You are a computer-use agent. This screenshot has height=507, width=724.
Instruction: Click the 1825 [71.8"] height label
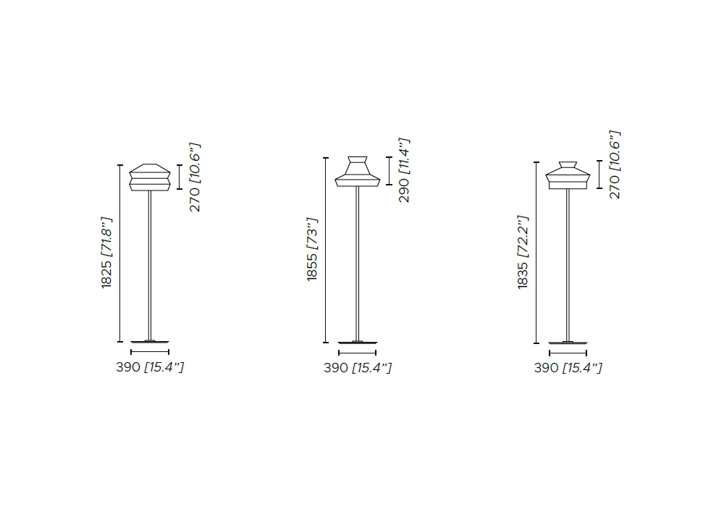coord(106,253)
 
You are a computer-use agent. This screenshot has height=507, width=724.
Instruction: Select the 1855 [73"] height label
coord(313,249)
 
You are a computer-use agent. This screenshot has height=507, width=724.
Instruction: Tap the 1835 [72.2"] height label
coord(523,252)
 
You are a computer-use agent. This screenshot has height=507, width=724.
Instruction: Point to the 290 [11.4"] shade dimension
coord(404,170)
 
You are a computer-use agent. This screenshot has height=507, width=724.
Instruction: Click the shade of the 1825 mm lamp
coord(150,177)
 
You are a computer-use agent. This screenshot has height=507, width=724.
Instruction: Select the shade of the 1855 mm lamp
coord(358,172)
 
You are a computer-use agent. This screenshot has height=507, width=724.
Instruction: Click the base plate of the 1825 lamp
coord(150,342)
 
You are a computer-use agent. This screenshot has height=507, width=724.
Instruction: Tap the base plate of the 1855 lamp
coord(358,343)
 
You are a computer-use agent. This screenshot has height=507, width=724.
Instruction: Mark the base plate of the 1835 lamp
coord(568,343)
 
